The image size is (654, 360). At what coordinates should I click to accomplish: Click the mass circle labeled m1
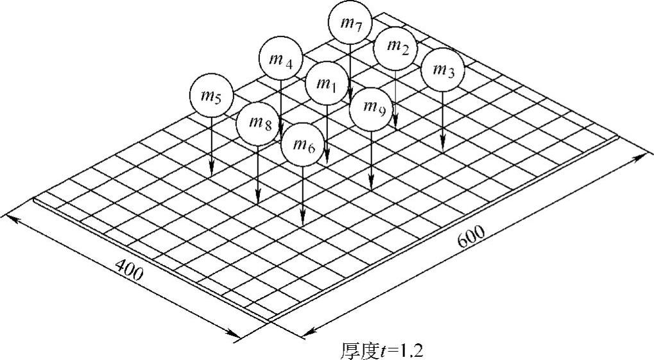tap(327, 84)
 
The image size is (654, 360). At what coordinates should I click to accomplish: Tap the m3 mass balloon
tap(443, 69)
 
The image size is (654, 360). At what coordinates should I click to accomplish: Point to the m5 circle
tap(211, 96)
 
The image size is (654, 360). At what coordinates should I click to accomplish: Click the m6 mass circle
tap(303, 145)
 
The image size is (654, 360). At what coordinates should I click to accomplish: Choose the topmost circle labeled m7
tap(349, 23)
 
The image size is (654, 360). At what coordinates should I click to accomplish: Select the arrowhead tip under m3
tap(443, 151)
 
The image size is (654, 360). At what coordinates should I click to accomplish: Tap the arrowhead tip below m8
tap(257, 203)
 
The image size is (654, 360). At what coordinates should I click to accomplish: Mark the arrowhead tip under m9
tap(372, 190)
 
